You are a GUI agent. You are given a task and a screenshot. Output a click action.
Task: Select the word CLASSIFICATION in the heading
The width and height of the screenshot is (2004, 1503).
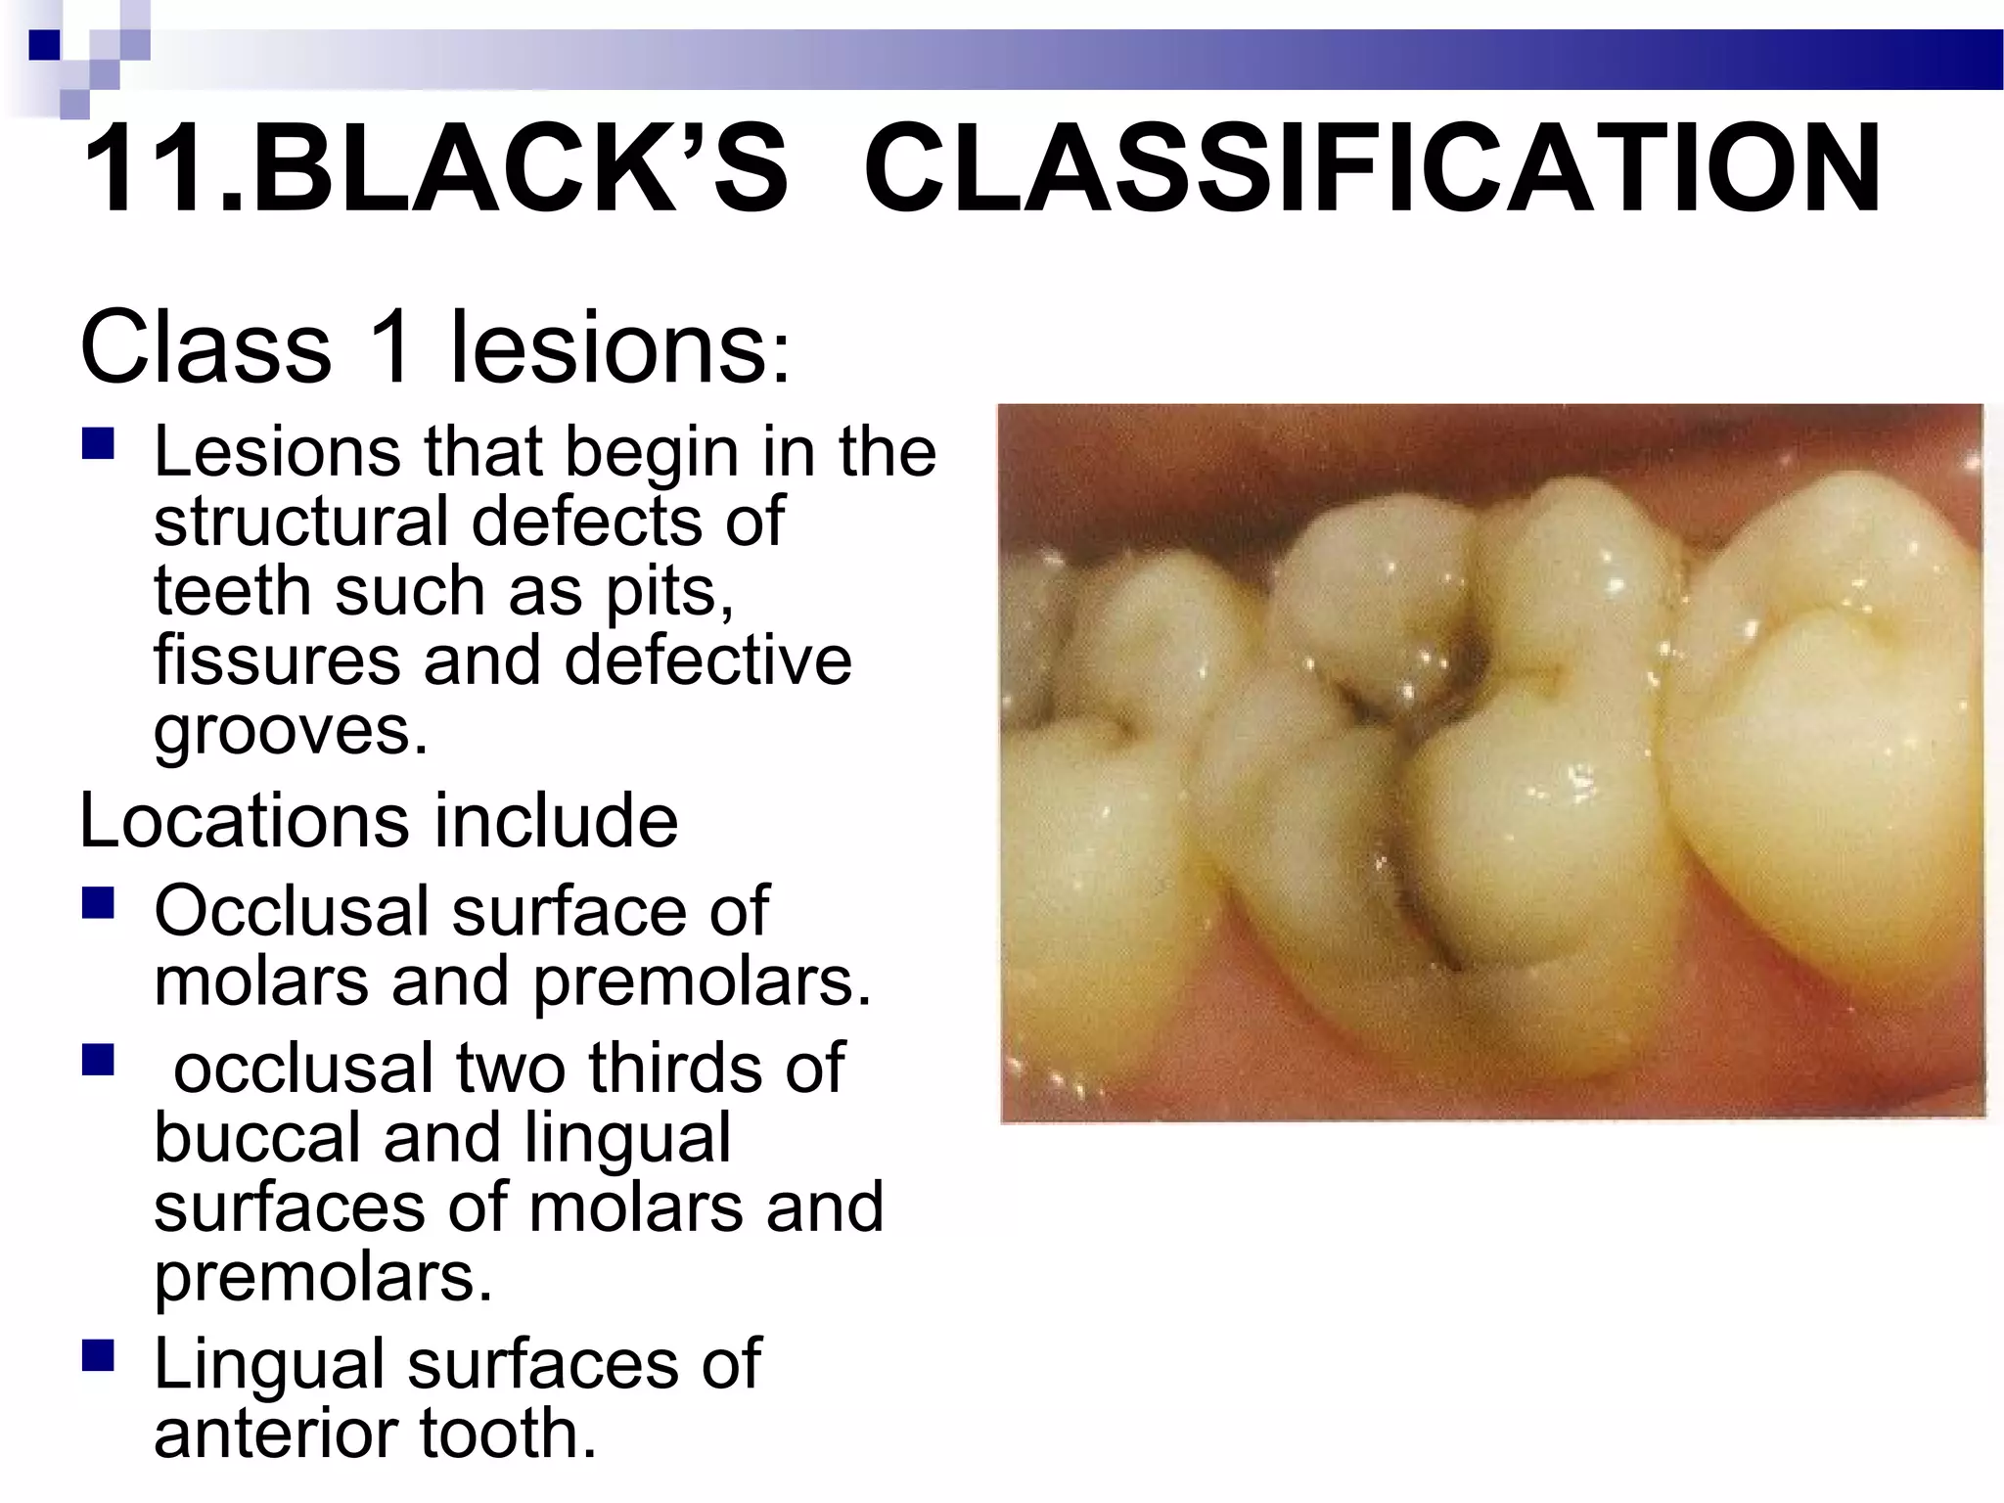tap(1371, 168)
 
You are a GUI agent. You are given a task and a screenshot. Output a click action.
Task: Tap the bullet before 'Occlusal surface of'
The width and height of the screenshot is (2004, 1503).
tap(99, 902)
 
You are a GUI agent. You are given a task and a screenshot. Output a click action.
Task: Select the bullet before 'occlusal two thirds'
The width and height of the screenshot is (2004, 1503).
tap(99, 1059)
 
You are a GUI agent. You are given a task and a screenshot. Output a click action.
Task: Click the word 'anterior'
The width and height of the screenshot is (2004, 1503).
tap(275, 1433)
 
